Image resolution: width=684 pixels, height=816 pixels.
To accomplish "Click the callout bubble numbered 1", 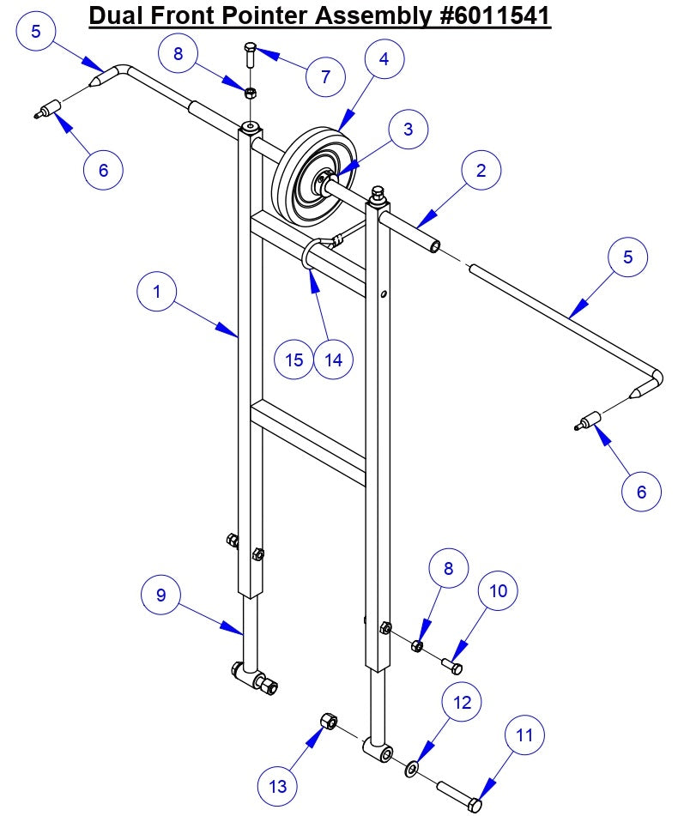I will [157, 292].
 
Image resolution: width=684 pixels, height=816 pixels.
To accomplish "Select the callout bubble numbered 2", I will [481, 171].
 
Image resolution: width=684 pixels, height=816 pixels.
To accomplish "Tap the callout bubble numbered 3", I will [408, 130].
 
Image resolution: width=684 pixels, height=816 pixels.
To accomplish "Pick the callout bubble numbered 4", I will [384, 59].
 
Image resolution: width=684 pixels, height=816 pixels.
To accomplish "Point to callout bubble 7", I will [325, 76].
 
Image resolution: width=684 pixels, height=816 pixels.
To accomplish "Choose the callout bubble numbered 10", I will [499, 591].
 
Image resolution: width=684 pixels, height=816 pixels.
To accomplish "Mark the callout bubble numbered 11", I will [524, 735].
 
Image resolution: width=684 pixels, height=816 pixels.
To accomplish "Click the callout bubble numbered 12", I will [463, 703].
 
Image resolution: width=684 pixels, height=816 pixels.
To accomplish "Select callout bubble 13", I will [279, 785].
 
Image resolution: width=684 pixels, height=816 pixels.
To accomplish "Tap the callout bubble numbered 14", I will [334, 360].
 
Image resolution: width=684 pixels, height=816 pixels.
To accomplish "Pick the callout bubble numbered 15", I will [294, 360].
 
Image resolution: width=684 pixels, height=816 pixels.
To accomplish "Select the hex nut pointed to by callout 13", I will [327, 721].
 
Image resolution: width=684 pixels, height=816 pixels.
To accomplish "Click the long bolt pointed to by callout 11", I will [459, 795].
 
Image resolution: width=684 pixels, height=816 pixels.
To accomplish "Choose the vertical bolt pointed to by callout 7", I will [250, 55].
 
